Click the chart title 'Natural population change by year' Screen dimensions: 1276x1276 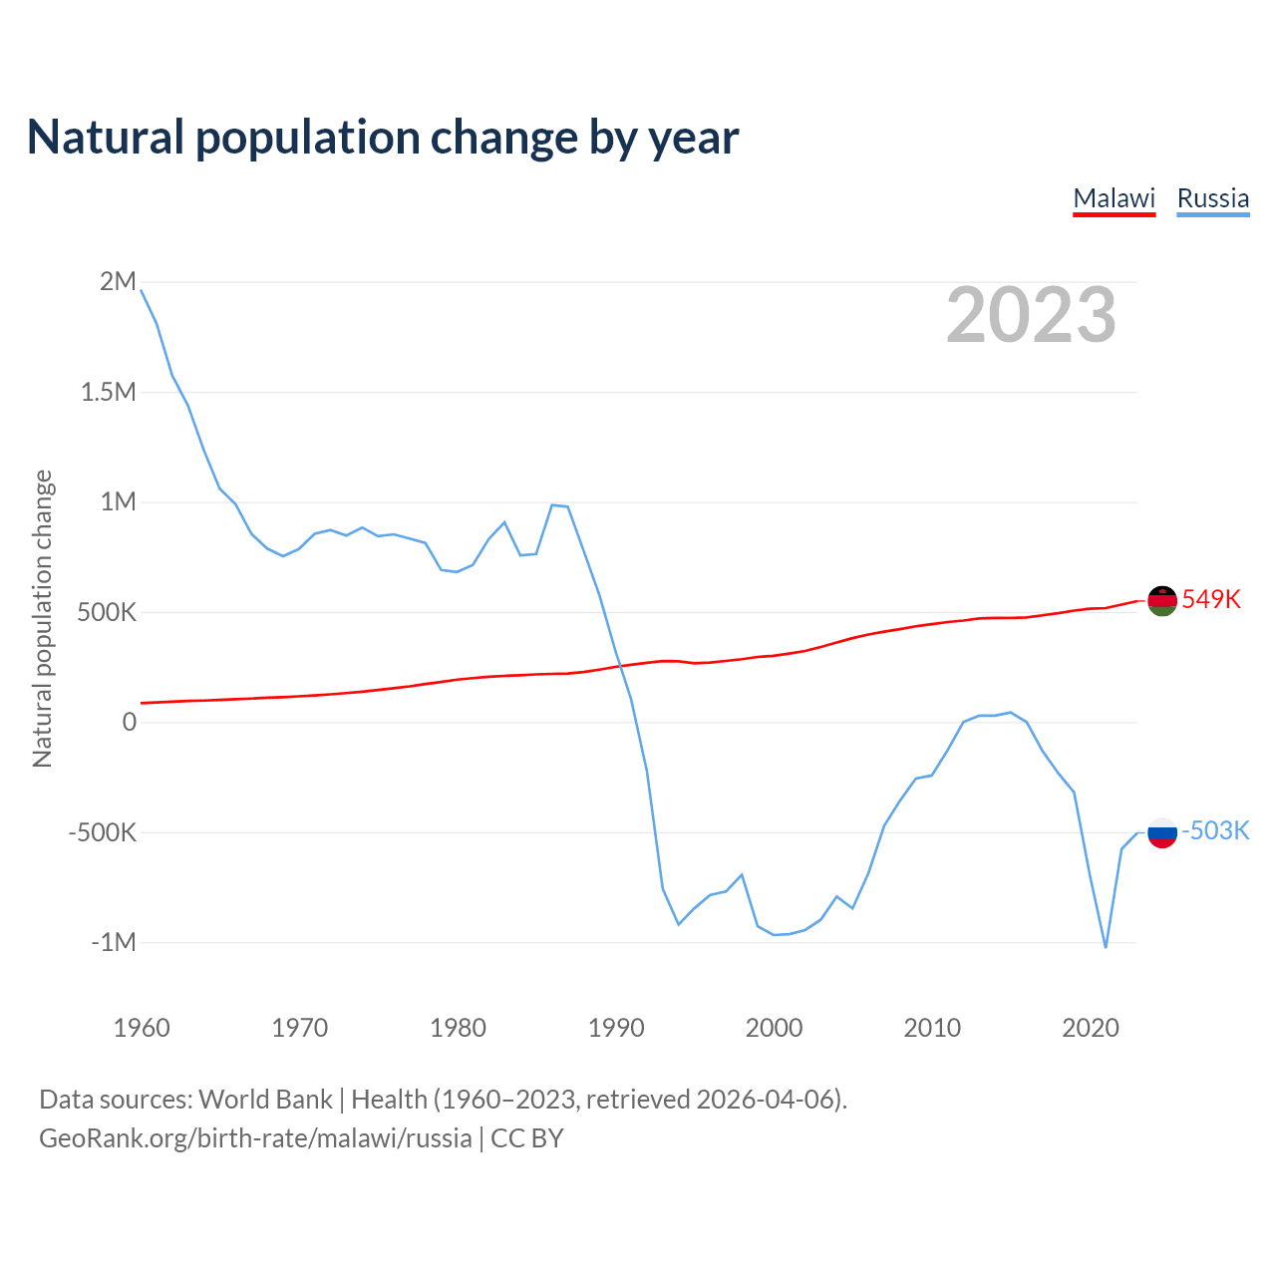[x=383, y=138]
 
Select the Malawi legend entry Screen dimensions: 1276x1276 [x=1114, y=198]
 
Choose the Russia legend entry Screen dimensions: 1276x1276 [x=1212, y=198]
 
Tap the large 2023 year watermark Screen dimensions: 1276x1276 [x=1031, y=315]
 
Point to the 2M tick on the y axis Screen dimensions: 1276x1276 [x=118, y=281]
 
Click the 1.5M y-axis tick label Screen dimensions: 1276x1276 [x=109, y=392]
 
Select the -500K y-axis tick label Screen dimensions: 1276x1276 [x=102, y=832]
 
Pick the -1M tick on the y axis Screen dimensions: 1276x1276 [x=113, y=942]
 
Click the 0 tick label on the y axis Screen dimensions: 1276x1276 [x=129, y=722]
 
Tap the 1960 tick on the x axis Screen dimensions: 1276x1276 [x=142, y=1028]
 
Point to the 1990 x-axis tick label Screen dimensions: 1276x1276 [x=616, y=1028]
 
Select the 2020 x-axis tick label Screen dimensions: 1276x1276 [x=1091, y=1028]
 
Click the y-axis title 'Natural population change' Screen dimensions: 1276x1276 [x=43, y=619]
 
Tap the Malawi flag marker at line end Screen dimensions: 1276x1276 [x=1162, y=601]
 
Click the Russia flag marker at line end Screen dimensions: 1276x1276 [x=1162, y=832]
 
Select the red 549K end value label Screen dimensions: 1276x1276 [x=1211, y=599]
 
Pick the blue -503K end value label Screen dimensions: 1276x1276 [x=1215, y=830]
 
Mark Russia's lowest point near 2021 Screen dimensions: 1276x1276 [x=1106, y=947]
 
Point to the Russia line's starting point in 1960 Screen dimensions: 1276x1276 [x=142, y=290]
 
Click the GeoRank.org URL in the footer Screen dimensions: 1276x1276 [x=255, y=1138]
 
